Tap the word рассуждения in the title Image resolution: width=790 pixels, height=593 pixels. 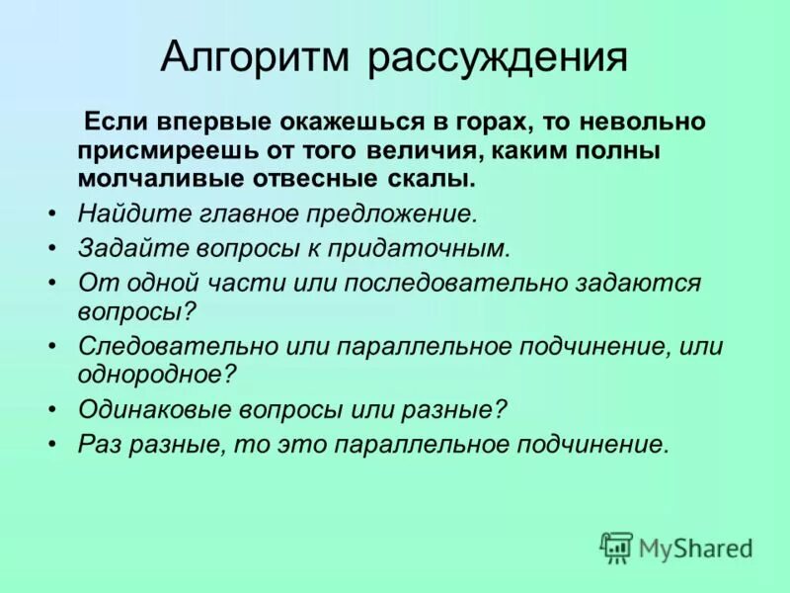coord(499,57)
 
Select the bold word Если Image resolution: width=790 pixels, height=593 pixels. coord(118,122)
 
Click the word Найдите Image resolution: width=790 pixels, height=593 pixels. coord(121,212)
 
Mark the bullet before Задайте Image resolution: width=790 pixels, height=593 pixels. coord(52,247)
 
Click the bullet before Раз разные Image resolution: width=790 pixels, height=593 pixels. coord(52,444)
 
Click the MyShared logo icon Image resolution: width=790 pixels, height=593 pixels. coord(616,547)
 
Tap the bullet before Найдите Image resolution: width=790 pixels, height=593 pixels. coord(52,212)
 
